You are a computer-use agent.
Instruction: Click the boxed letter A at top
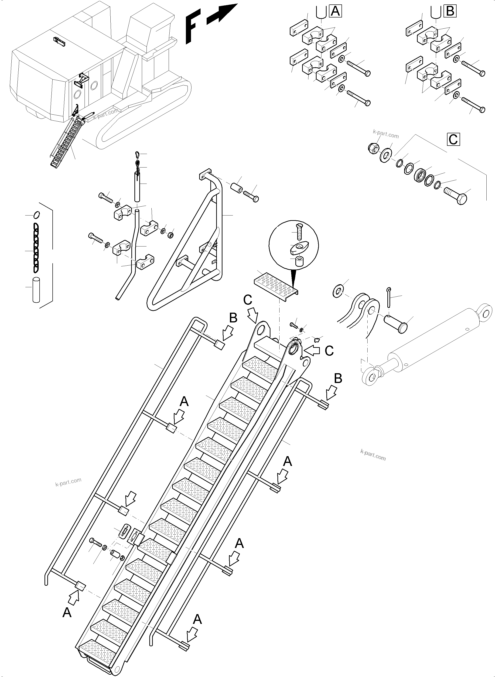click(x=335, y=11)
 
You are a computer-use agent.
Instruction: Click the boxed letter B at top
click(x=450, y=11)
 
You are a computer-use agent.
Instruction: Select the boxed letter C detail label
click(x=453, y=140)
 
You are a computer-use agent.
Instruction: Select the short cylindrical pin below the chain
click(x=36, y=290)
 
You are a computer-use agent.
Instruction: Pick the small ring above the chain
click(x=36, y=215)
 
